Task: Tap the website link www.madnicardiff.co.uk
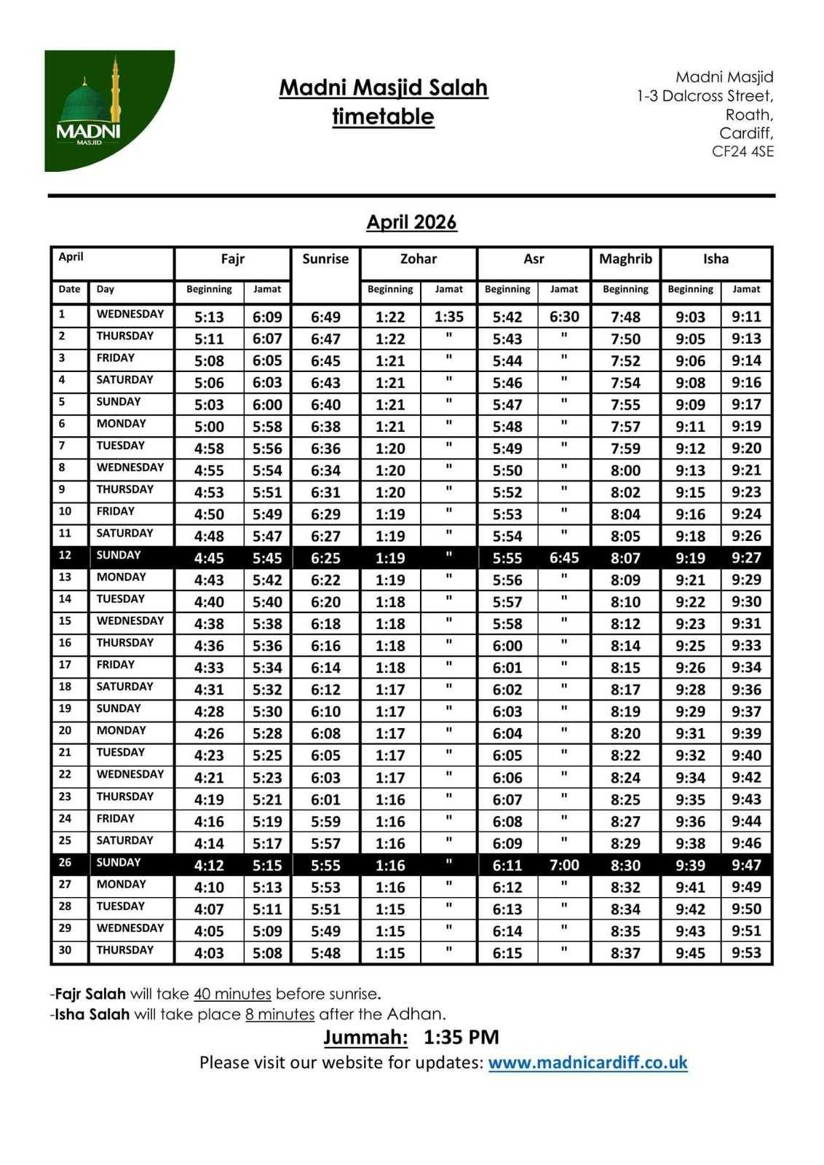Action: point(587,1062)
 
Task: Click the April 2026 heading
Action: point(411,222)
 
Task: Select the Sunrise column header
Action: point(325,259)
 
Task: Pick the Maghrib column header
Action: point(625,259)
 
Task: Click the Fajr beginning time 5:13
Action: point(209,317)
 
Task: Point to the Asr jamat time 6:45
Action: point(564,558)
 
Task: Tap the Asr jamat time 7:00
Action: point(564,865)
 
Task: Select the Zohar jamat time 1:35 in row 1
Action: point(448,317)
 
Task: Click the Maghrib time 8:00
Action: point(625,470)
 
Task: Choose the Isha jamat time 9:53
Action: point(746,952)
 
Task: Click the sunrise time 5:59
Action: point(325,821)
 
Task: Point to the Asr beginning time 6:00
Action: point(507,646)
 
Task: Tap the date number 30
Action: point(66,950)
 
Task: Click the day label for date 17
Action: point(116,665)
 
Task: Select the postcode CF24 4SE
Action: point(742,151)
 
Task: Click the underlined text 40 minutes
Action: point(232,994)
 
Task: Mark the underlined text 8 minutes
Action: point(280,1014)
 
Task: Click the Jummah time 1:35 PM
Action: point(461,1038)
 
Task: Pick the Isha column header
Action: point(716,259)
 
